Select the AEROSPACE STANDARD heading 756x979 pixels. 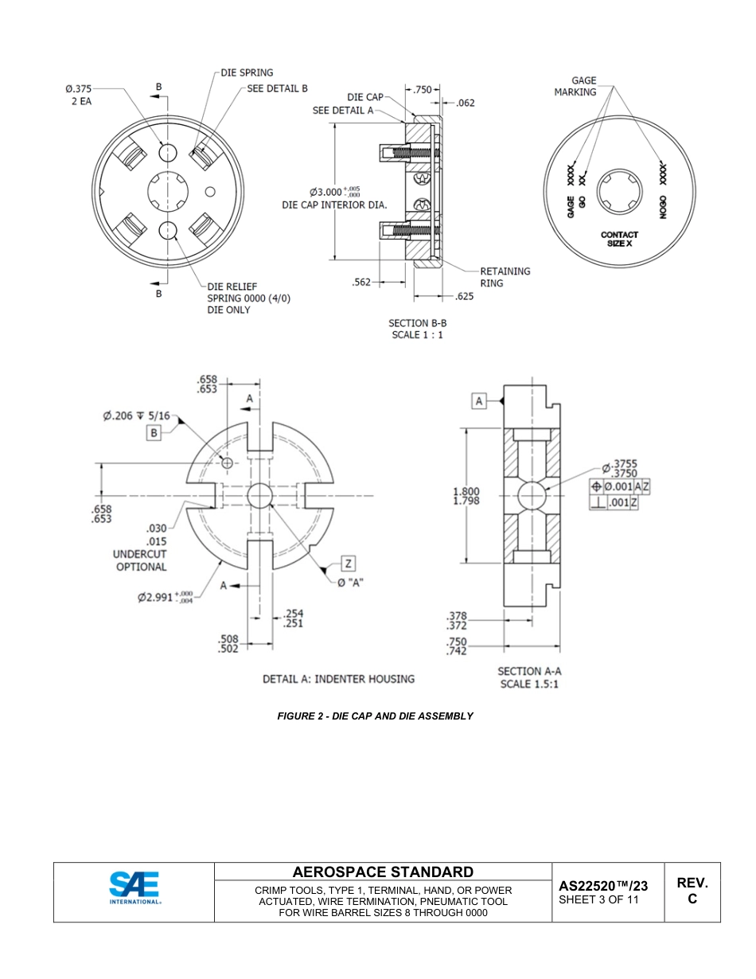tap(383, 872)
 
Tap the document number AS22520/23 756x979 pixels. tap(603, 886)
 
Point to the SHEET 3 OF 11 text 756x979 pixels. tap(598, 900)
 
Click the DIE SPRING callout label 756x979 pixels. tap(247, 72)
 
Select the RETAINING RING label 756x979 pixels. tap(505, 277)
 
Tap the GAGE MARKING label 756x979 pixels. tap(575, 86)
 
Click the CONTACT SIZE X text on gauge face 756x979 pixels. tap(619, 239)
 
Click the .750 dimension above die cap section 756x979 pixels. tap(422, 90)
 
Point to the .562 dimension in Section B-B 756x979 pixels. tap(362, 282)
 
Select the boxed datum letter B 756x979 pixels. tap(154, 433)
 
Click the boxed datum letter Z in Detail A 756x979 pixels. tap(348, 564)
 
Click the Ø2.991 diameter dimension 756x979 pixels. tap(165, 597)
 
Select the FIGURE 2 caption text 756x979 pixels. tap(375, 716)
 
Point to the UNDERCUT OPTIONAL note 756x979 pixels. tap(141, 560)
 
